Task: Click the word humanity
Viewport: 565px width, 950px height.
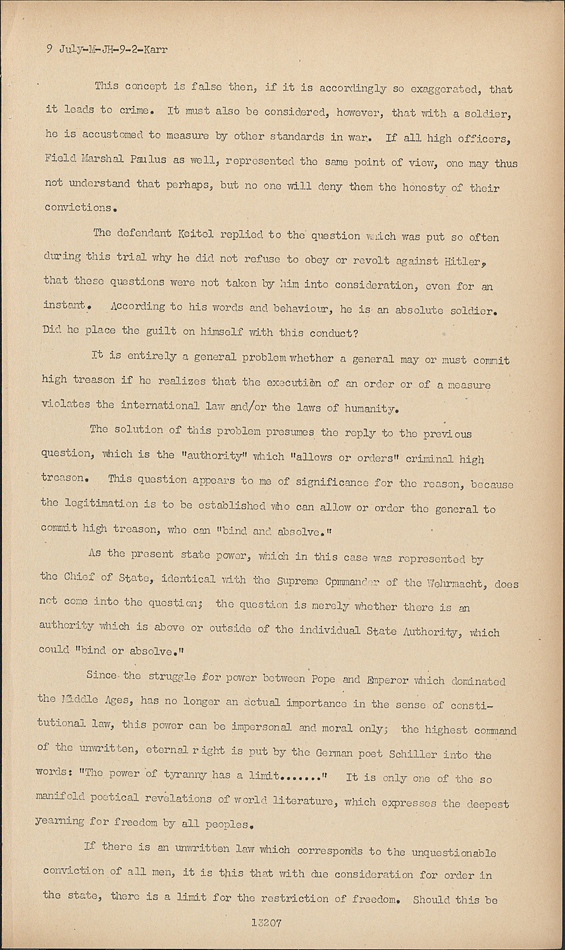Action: click(371, 408)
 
